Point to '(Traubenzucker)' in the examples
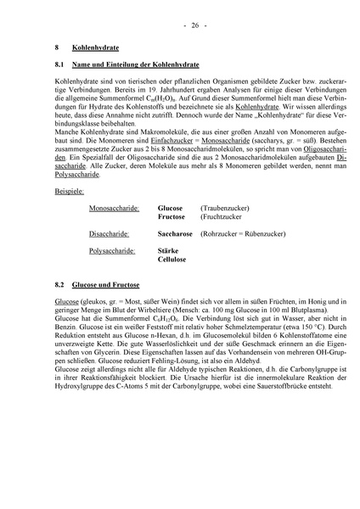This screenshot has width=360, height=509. coord(224,207)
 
